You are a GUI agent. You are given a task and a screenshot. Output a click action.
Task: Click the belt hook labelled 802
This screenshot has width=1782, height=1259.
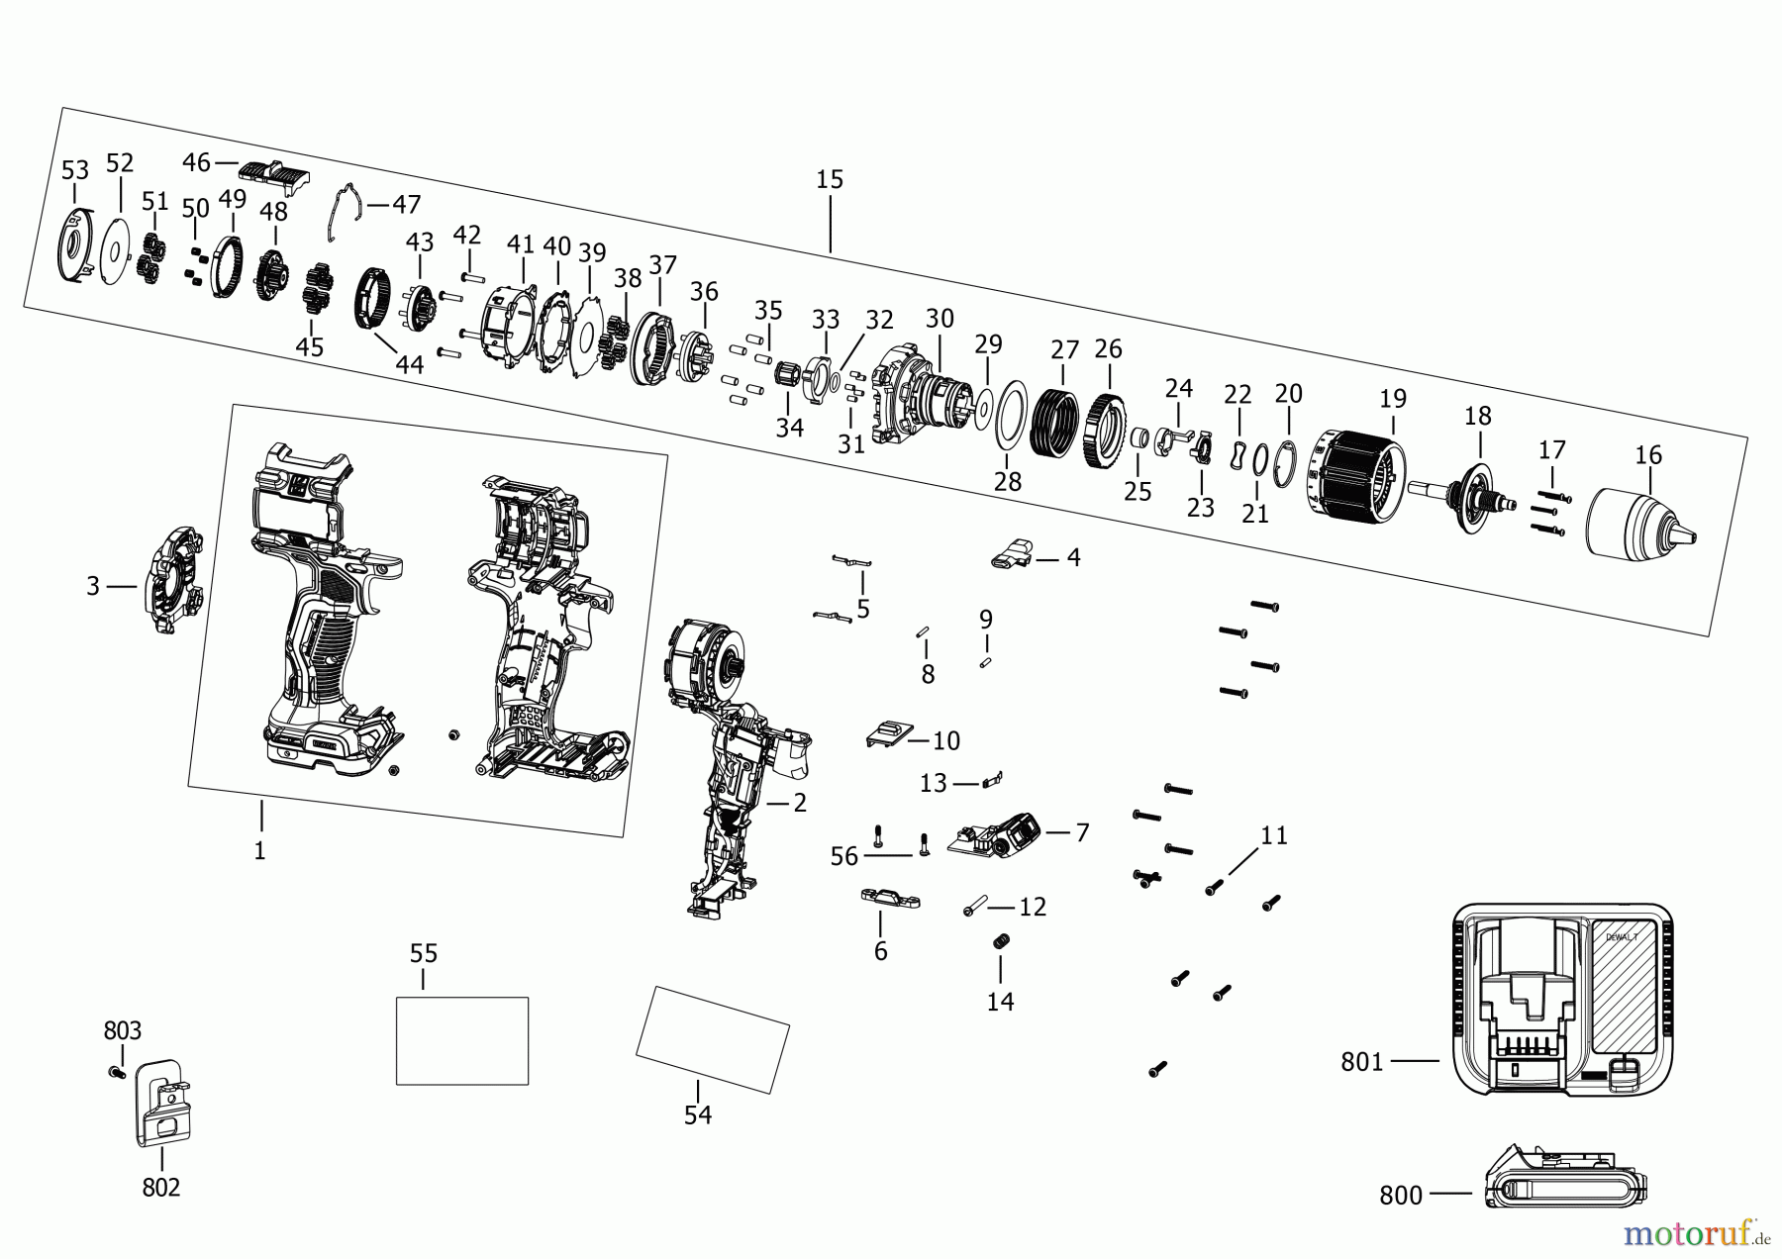point(162,1105)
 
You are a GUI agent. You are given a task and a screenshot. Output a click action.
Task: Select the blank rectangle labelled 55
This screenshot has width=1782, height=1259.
point(461,1040)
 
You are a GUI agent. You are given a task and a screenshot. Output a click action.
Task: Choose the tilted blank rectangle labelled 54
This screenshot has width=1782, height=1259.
point(712,1038)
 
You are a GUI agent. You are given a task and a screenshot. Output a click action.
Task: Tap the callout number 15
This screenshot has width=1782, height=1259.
point(830,180)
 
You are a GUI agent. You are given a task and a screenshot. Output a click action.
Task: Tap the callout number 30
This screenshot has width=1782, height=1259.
point(940,319)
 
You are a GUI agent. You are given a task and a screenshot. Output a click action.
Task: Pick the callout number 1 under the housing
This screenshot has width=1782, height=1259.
point(259,850)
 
